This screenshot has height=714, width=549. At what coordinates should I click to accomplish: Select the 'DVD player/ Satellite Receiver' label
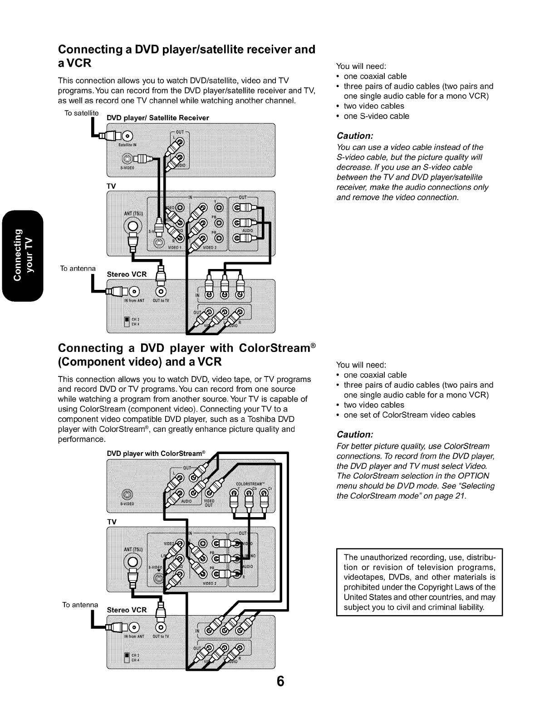pos(157,118)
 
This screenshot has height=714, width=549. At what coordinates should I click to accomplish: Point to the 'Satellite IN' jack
pos(128,136)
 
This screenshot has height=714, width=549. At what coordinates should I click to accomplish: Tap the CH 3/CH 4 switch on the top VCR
pos(127,322)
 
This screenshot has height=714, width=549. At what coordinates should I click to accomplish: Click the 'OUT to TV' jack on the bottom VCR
pos(161,627)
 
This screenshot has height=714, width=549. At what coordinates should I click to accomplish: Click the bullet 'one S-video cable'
pos(376,116)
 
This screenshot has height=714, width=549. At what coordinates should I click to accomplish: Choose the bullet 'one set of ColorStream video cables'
pos(409,415)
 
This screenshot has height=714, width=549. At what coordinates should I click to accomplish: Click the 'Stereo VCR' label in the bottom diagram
pos(127,610)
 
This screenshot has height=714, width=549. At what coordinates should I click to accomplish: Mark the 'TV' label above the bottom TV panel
pos(112,522)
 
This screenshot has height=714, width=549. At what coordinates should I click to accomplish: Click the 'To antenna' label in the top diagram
pos(78,268)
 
